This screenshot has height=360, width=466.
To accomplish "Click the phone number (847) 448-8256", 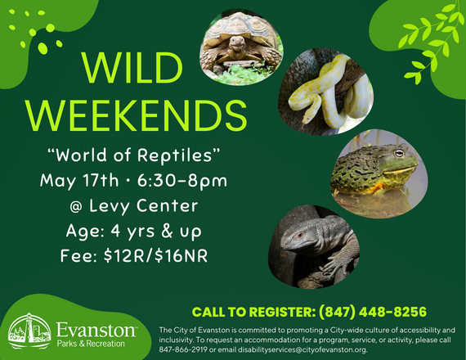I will click(381, 311).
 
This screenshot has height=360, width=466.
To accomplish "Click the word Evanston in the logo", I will click(96, 329).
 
